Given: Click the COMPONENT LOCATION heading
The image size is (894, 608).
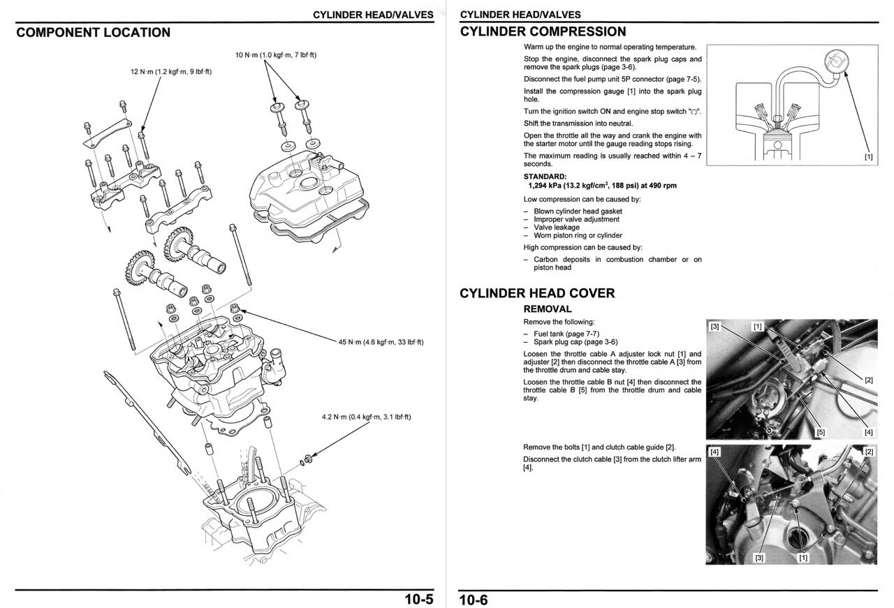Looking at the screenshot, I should [93, 32].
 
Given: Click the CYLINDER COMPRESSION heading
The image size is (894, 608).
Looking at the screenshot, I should [543, 31].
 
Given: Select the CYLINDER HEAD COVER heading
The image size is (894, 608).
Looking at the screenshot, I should [537, 293].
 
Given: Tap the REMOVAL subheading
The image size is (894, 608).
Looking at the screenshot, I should [547, 309].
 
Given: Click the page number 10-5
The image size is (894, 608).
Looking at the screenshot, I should [418, 599].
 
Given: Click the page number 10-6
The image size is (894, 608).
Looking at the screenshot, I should [474, 599].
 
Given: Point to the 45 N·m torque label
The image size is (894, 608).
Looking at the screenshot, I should [381, 342].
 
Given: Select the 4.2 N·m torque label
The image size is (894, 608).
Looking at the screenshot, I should [366, 417].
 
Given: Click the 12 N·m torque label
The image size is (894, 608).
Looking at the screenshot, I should [171, 72].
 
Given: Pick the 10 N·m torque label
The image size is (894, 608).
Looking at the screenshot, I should [276, 55].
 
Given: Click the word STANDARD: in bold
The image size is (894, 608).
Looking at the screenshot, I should [545, 177].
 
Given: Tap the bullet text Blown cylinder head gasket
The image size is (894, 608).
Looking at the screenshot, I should [578, 211].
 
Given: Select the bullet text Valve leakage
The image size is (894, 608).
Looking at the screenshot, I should [556, 227].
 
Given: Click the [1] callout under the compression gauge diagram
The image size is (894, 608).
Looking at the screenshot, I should [868, 157].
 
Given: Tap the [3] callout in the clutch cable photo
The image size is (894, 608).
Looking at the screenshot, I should [759, 557].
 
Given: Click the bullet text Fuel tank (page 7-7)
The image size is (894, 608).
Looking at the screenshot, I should [566, 334].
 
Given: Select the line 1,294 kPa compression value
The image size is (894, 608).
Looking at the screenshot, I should [602, 186].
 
